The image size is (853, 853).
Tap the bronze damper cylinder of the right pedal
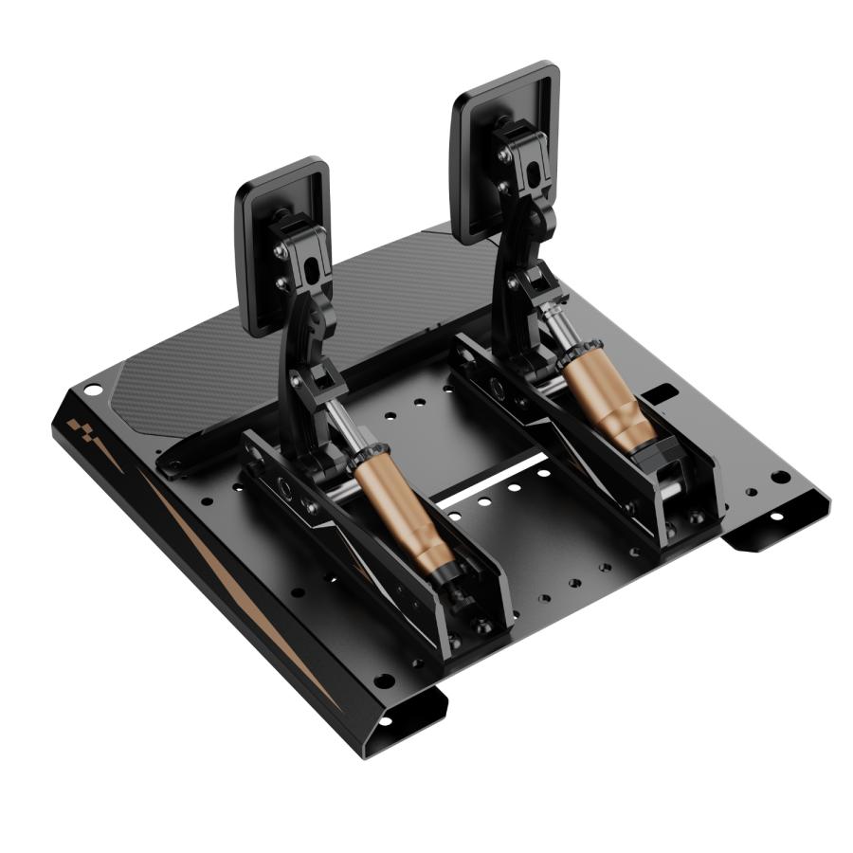[x=607, y=398]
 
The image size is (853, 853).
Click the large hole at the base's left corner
[x=92, y=390]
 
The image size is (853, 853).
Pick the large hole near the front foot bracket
[x=383, y=681]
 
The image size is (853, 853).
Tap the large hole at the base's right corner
[x=779, y=477]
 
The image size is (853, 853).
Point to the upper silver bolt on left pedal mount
[x=281, y=252]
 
